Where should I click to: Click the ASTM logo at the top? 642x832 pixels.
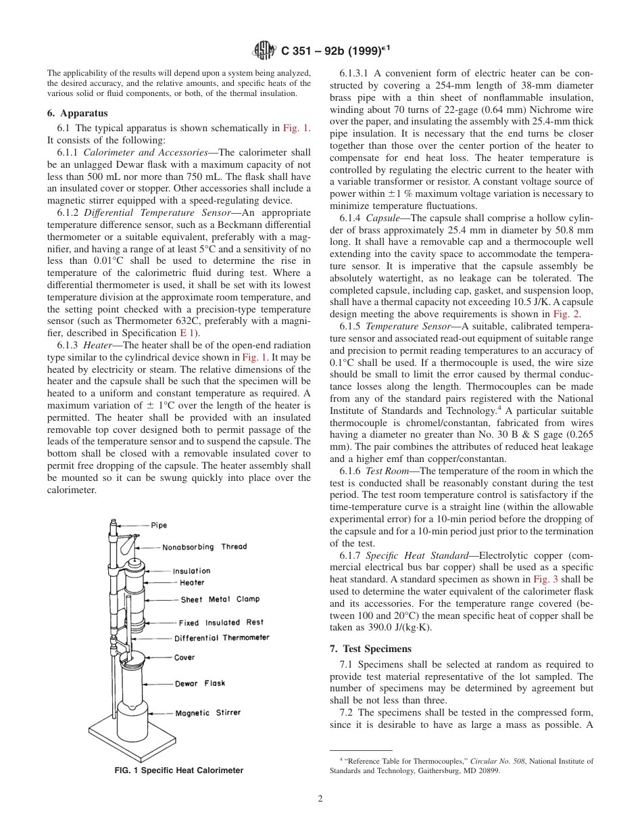click(264, 49)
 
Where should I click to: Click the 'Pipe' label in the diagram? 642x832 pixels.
click(159, 525)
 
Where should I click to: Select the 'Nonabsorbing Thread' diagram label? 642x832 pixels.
click(204, 547)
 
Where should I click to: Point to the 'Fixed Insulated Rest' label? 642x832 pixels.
click(221, 622)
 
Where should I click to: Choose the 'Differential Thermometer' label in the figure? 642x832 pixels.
click(222, 638)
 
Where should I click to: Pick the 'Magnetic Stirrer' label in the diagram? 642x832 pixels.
click(207, 712)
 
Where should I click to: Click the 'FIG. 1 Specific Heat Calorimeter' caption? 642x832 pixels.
click(179, 770)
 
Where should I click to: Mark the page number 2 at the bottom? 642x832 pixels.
click(320, 798)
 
